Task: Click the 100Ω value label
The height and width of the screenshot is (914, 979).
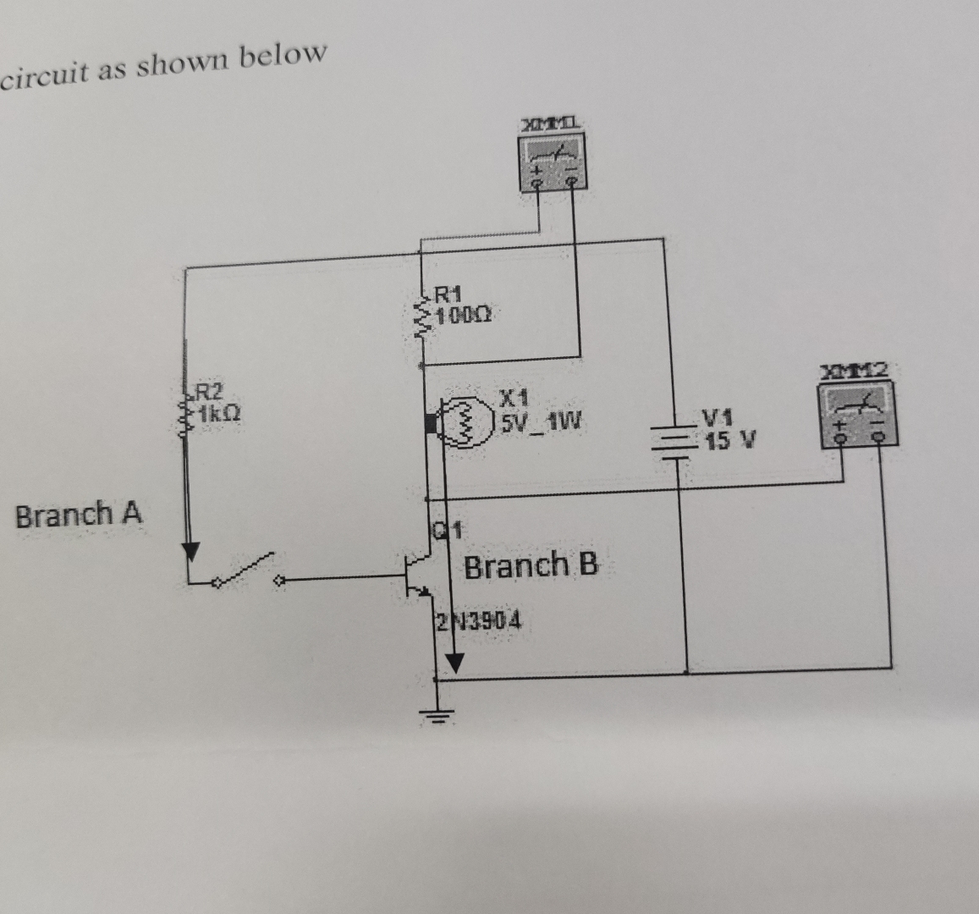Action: (x=463, y=315)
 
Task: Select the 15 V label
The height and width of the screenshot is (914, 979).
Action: (x=729, y=441)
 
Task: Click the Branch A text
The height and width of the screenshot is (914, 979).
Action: (x=80, y=514)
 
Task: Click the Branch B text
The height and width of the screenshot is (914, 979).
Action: (x=531, y=564)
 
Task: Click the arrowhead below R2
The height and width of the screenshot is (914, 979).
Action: (x=190, y=551)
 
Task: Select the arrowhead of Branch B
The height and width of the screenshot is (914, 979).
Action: (x=454, y=664)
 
